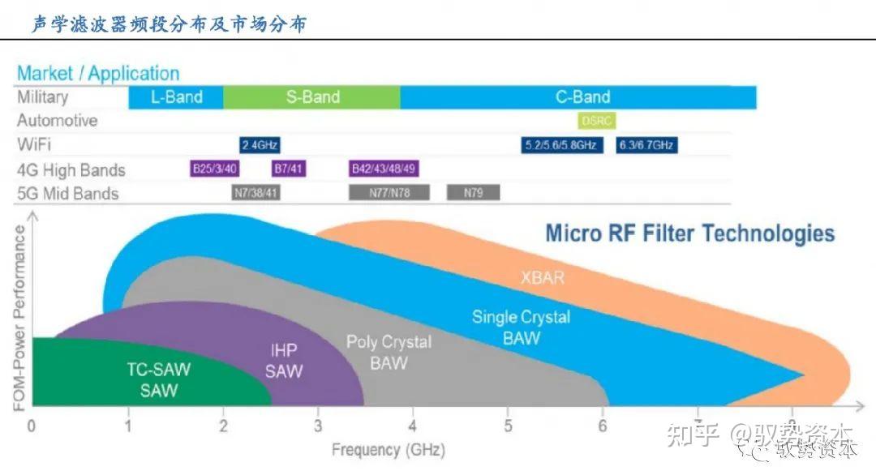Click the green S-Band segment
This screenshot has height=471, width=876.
312,97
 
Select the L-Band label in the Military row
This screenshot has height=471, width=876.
176,97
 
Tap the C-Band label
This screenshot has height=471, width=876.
582,97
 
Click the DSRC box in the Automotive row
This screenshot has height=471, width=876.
597,121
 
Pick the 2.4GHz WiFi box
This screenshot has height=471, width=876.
260,145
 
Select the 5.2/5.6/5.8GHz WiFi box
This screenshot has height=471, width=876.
562,145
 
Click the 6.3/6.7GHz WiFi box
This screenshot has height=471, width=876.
646,145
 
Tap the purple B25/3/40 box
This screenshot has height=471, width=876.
215,169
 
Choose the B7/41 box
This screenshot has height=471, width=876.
289,169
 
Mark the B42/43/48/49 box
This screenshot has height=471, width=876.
384,169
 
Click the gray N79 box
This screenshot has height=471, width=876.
473,192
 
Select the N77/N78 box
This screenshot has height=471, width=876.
389,192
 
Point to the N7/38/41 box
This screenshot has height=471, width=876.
255,192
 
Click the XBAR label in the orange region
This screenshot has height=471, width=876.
542,278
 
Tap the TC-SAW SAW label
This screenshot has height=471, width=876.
158,379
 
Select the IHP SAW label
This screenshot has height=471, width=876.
284,361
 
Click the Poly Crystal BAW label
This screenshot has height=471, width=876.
388,353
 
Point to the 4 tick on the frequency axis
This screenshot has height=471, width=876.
413,426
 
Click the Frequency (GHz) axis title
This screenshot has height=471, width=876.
376,449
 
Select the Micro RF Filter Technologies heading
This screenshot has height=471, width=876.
689,233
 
